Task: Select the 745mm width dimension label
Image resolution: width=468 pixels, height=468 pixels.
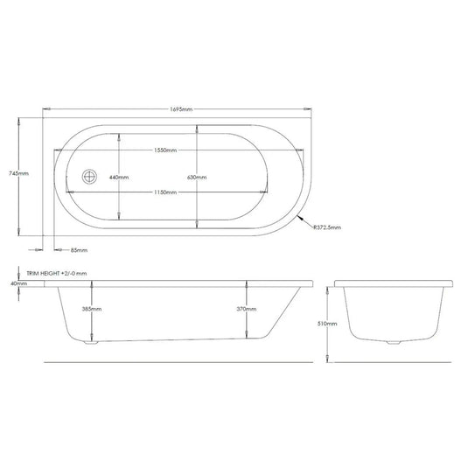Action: pos(18,174)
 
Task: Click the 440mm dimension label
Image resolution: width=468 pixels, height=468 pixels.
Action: pos(119,178)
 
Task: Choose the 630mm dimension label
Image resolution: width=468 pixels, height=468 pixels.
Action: pos(198,178)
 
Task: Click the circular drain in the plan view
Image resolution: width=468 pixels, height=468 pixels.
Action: pos(88,176)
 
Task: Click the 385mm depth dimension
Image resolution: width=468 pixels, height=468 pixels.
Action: pos(92,309)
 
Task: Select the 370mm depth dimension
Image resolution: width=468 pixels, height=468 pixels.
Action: pos(248,309)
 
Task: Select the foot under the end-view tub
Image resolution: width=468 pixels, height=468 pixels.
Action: pos(394,342)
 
